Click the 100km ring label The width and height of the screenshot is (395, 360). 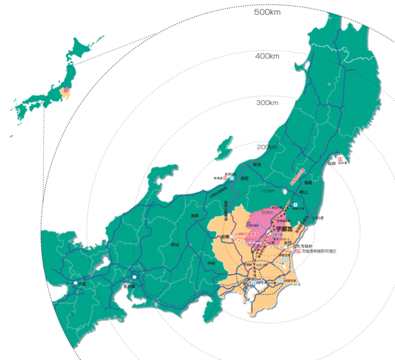[x=267, y=192]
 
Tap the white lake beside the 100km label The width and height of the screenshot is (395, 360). [x=286, y=192]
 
